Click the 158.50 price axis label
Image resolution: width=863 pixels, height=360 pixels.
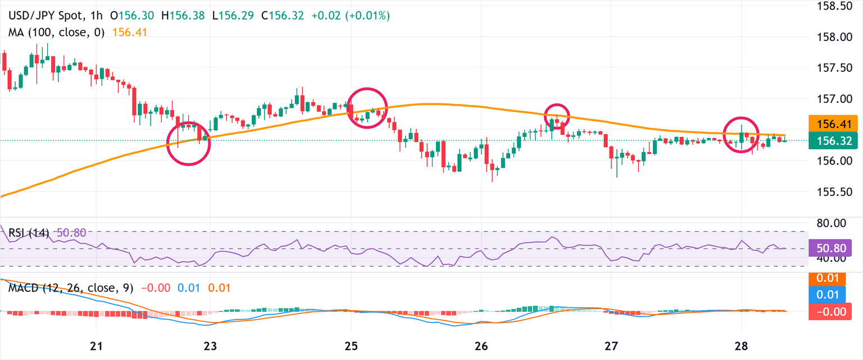pos(834,6)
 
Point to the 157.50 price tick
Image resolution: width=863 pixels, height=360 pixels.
pos(834,68)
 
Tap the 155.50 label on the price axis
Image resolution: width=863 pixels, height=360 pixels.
pos(834,192)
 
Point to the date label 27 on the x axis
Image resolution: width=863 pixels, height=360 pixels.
pos(611,344)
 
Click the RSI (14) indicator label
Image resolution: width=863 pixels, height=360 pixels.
pos(28,232)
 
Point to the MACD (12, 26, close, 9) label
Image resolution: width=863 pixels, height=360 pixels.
pos(71,288)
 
